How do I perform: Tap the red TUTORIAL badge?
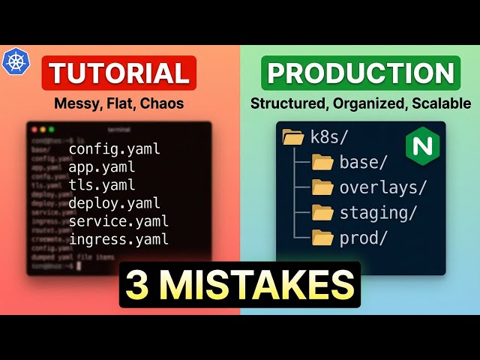coord(119,73)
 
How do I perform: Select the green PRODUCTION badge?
coord(361,73)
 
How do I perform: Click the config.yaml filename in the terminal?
coord(114,148)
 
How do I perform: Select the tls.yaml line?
coord(102,184)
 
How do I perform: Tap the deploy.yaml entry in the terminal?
coord(114,202)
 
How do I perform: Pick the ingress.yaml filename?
coord(118,239)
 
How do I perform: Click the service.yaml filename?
coord(118,221)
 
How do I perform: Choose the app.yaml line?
coord(102,166)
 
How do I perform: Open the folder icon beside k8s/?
coord(292,137)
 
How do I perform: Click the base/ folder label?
coord(363,162)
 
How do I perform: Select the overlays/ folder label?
coord(382,187)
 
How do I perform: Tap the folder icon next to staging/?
coord(322,213)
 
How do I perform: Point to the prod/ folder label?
coord(363,238)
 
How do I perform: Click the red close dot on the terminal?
coord(34,130)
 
